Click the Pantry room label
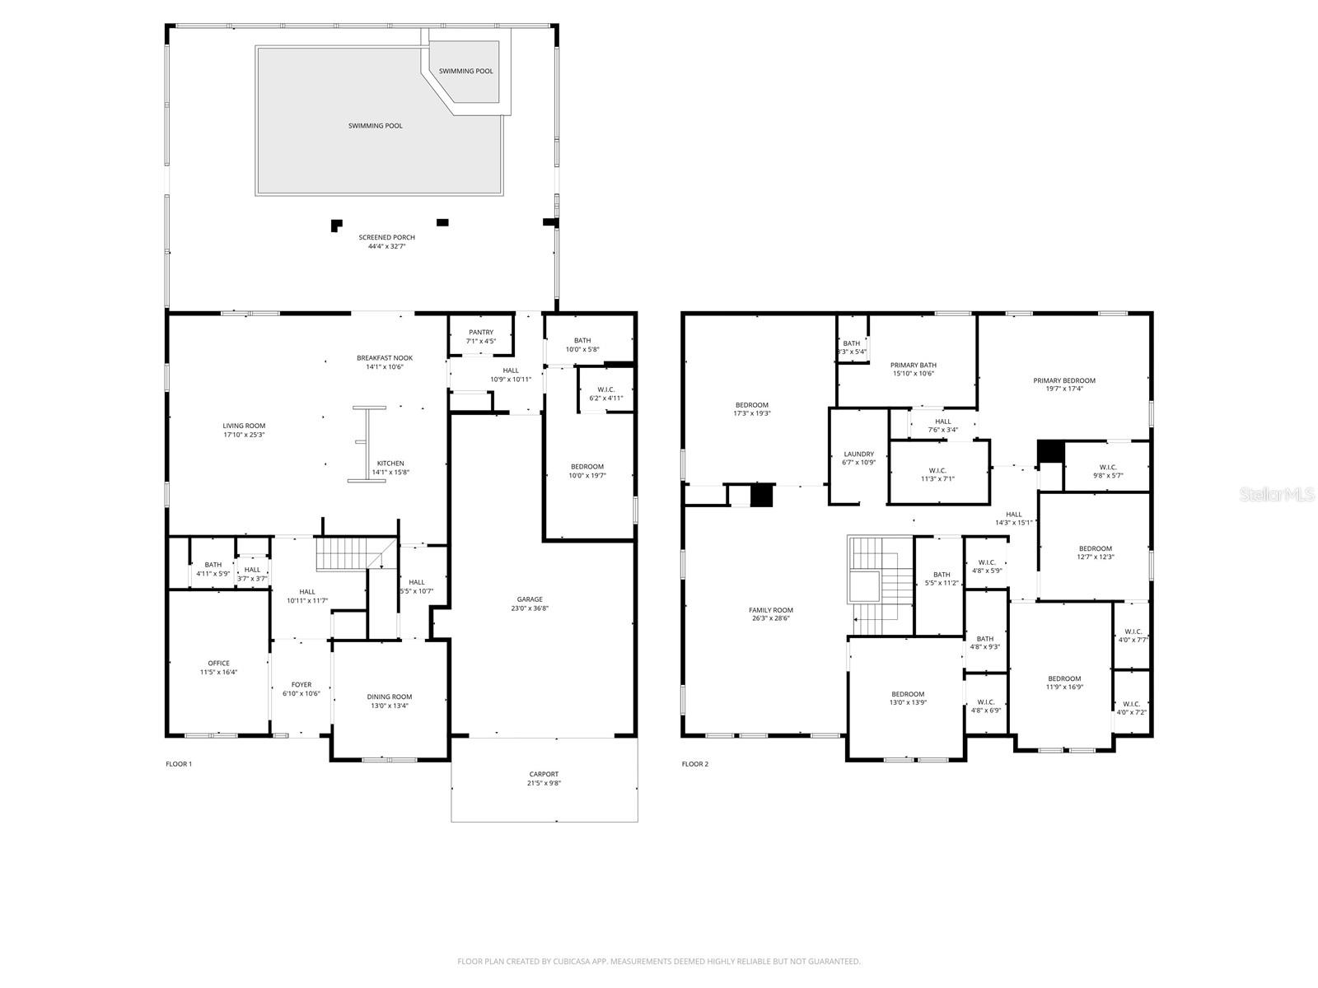pyautogui.click(x=481, y=332)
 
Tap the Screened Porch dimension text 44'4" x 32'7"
pyautogui.click(x=386, y=246)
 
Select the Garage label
pyautogui.click(x=530, y=599)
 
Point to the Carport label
pyautogui.click(x=544, y=774)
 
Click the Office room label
pyautogui.click(x=218, y=663)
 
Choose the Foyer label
pyautogui.click(x=301, y=684)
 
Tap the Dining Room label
pyautogui.click(x=389, y=697)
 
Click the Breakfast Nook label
pyautogui.click(x=385, y=358)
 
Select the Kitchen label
pyautogui.click(x=390, y=463)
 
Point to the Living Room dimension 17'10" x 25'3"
pyautogui.click(x=244, y=435)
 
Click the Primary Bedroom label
pyautogui.click(x=1064, y=380)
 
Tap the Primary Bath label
pyautogui.click(x=913, y=365)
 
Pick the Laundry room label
pyautogui.click(x=858, y=454)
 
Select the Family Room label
pyautogui.click(x=771, y=610)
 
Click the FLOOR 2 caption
pyautogui.click(x=694, y=764)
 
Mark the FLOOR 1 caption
pyautogui.click(x=178, y=764)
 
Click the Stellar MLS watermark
pyautogui.click(x=1277, y=494)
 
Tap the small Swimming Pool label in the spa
pyautogui.click(x=466, y=71)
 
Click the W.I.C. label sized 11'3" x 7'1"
pyautogui.click(x=937, y=470)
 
